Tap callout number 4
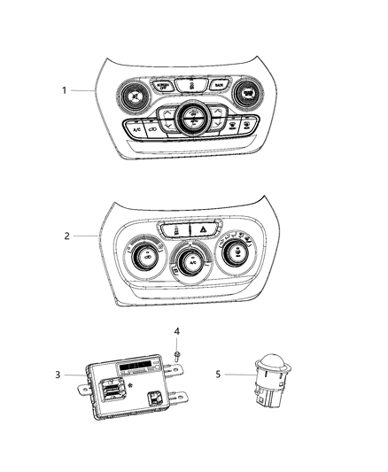click(x=176, y=332)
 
